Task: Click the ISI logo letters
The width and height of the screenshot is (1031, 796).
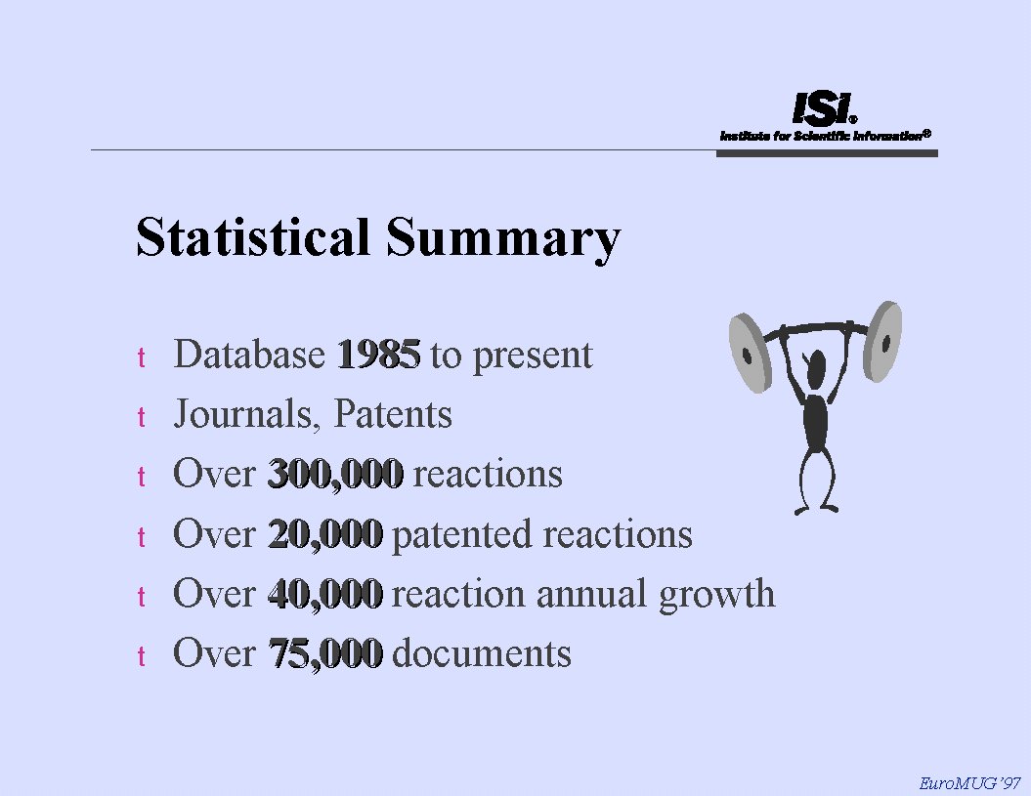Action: click(823, 108)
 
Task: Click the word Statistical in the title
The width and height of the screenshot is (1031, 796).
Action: click(252, 236)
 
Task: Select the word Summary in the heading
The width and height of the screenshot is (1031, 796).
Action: click(503, 240)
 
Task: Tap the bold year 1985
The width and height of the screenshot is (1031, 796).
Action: click(379, 355)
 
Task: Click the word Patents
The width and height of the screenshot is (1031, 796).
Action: click(393, 414)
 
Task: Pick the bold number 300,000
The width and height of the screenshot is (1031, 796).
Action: click(335, 474)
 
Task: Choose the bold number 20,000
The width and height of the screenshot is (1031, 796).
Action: click(325, 533)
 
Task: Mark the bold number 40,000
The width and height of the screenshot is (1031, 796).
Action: click(325, 594)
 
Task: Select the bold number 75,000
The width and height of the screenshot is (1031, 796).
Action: click(325, 653)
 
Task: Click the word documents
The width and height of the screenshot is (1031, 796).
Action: click(482, 653)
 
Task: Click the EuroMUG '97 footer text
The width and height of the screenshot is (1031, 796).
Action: click(969, 783)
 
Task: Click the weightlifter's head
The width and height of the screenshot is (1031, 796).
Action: click(816, 368)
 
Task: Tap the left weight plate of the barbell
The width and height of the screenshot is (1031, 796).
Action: click(750, 353)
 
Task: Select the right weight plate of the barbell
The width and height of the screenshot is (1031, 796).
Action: click(882, 341)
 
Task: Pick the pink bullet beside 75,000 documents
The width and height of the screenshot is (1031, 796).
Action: click(142, 656)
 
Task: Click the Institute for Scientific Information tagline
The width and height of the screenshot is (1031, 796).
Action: click(826, 136)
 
